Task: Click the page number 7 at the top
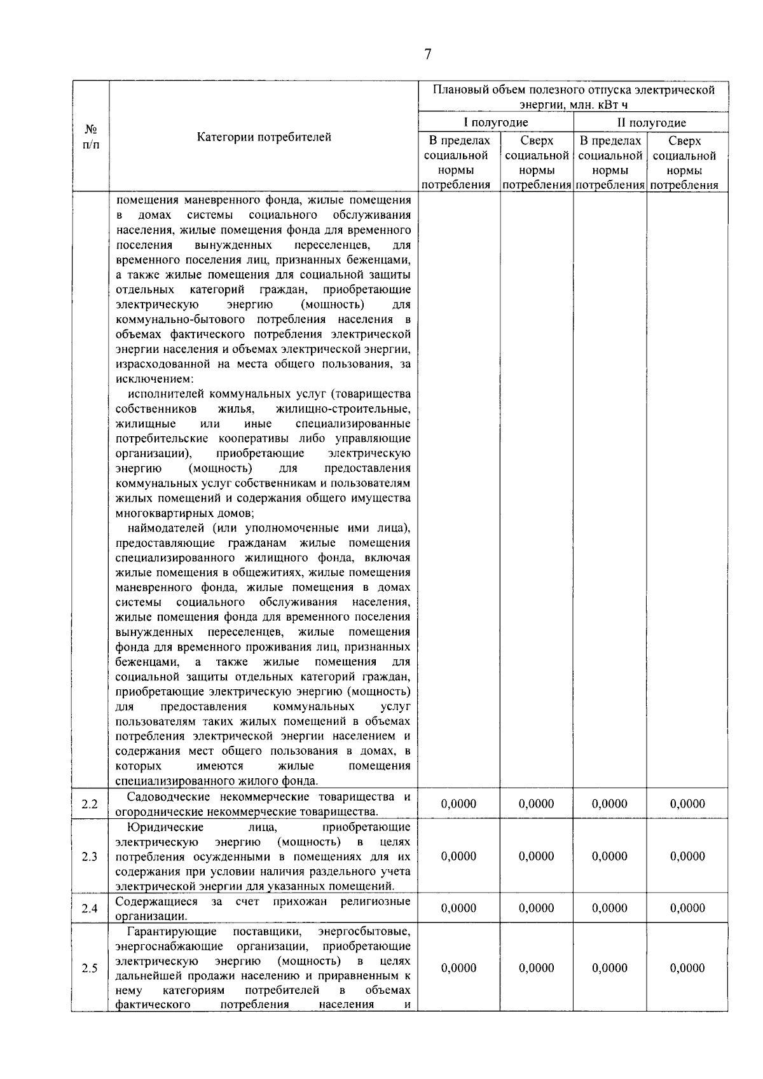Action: pyautogui.click(x=427, y=55)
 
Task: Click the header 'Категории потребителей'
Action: pyautogui.click(x=264, y=137)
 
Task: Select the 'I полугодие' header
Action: pyautogui.click(x=495, y=123)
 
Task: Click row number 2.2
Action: pyautogui.click(x=90, y=804)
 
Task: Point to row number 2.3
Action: pyautogui.click(x=90, y=856)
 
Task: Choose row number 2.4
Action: pyautogui.click(x=90, y=909)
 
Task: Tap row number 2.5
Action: pyautogui.click(x=90, y=968)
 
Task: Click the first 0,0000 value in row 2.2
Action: pyautogui.click(x=458, y=804)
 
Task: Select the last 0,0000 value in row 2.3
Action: pyautogui.click(x=687, y=856)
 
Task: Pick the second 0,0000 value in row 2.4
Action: pyautogui.click(x=536, y=908)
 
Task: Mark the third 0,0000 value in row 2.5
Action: pyautogui.click(x=610, y=968)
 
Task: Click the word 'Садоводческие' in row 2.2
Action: pyautogui.click(x=165, y=797)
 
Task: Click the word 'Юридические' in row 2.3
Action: pyautogui.click(x=165, y=827)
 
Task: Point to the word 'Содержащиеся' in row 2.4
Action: pyautogui.click(x=153, y=901)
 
